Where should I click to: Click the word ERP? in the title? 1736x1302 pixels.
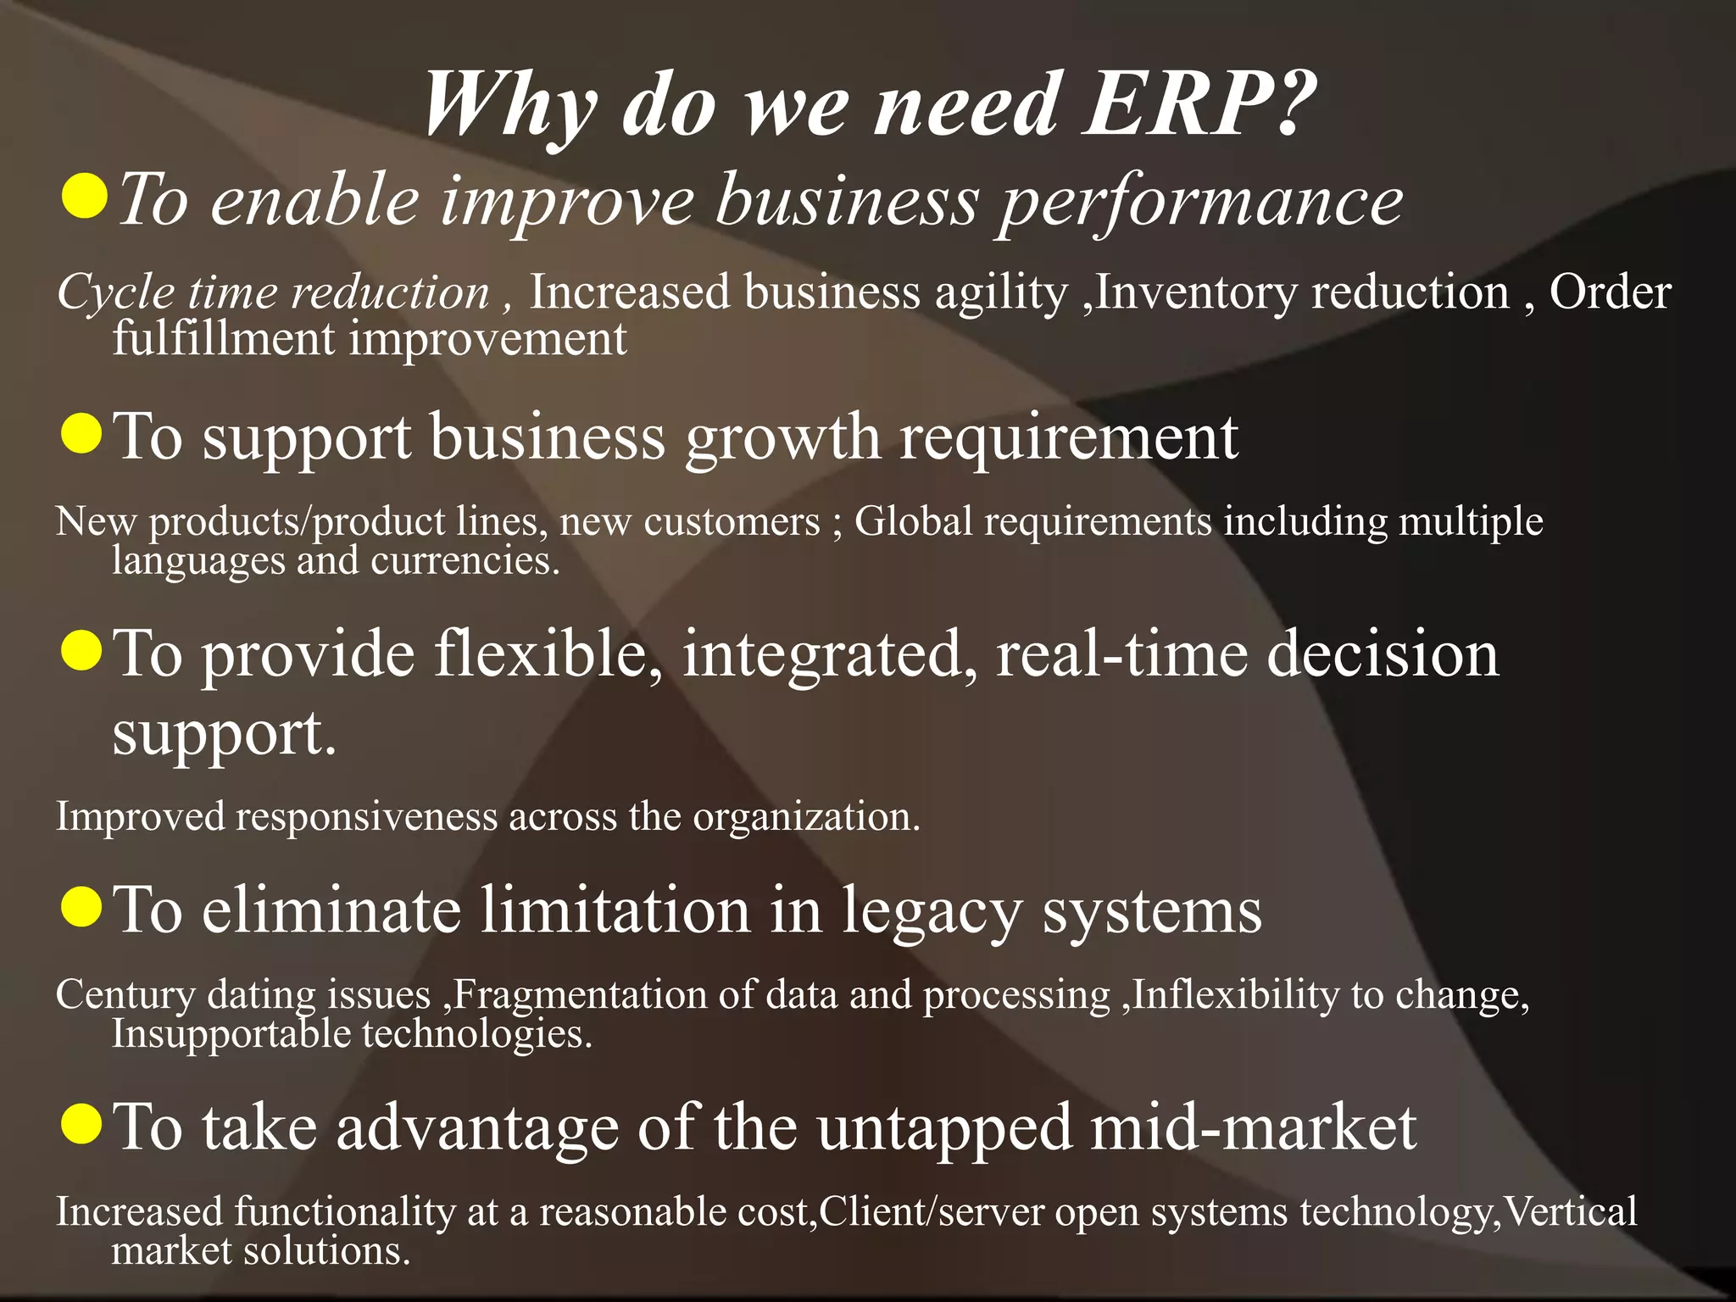pos(1199,104)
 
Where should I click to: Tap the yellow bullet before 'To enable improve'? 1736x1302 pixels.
pos(85,196)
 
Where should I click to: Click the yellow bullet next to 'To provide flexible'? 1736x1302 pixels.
pos(82,650)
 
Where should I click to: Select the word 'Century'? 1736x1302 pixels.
pos(125,995)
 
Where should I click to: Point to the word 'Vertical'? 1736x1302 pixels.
pos(1570,1212)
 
